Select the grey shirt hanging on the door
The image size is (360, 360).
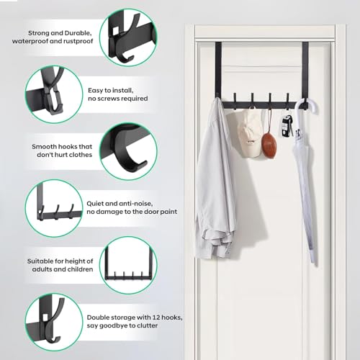(215, 180)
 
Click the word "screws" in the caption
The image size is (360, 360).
(112, 98)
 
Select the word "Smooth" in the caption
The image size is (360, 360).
(45, 147)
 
